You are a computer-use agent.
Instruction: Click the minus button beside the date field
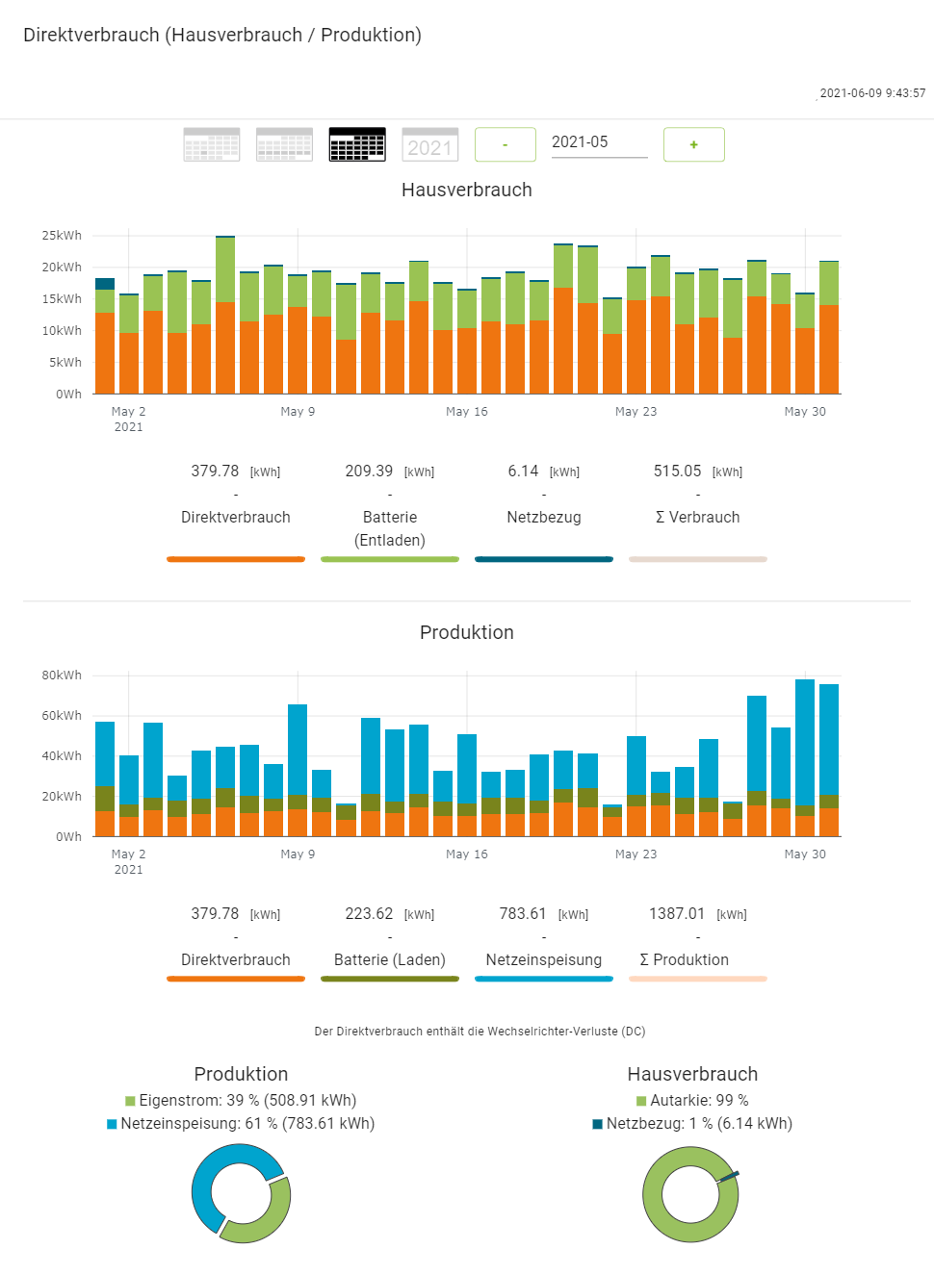pos(506,145)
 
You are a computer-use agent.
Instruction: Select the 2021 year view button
pos(429,145)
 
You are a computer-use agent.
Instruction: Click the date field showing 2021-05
pos(598,142)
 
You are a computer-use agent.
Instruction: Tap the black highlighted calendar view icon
pos(357,145)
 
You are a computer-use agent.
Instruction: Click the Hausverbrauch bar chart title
pos(467,190)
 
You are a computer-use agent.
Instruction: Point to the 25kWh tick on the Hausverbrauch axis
pos(62,236)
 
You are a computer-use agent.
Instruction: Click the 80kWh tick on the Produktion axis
pos(62,676)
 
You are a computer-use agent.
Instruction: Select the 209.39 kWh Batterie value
pos(370,472)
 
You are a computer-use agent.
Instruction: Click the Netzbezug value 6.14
pos(524,472)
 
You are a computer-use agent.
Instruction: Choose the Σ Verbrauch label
pos(698,518)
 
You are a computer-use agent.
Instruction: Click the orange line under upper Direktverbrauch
pos(236,559)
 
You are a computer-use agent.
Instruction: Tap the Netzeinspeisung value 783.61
pos(523,914)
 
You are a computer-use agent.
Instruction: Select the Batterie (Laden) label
pos(390,960)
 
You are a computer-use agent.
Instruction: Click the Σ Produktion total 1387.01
pos(677,914)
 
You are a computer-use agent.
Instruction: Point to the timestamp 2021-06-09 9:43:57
pos(872,93)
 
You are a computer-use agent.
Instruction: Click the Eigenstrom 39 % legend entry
pos(241,1101)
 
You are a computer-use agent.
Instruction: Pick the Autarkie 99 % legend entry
pos(692,1101)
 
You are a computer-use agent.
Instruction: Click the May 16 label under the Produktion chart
pos(467,854)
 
